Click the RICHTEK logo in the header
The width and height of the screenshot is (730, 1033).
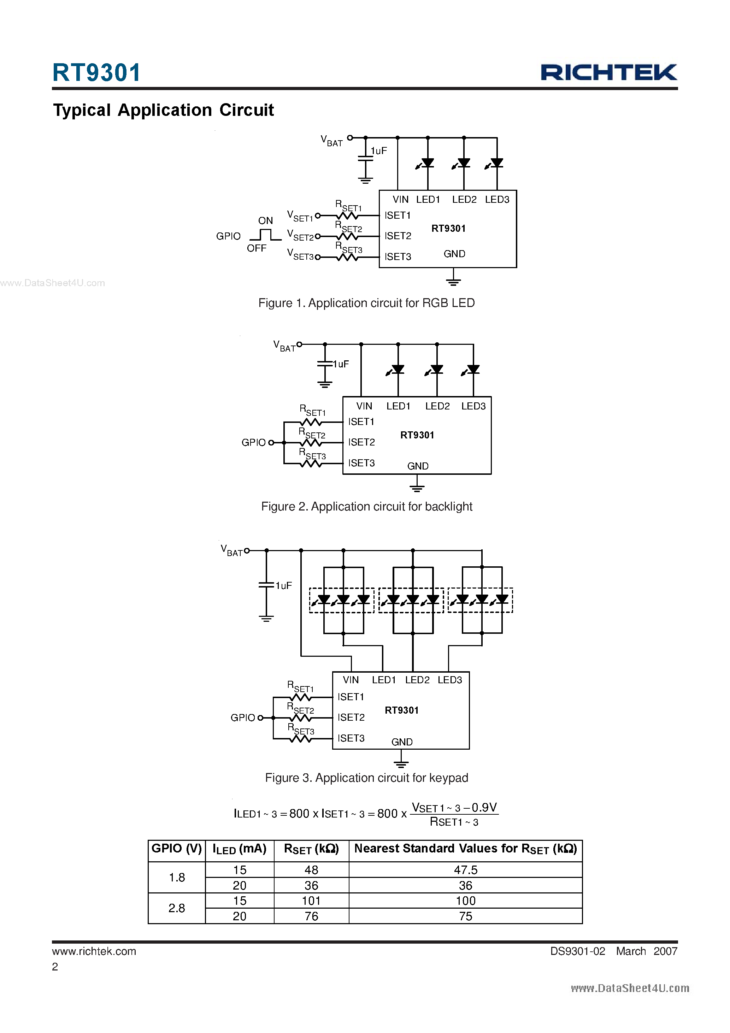608,72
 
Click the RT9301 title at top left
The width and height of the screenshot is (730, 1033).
96,72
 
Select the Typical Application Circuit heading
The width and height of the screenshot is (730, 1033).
163,110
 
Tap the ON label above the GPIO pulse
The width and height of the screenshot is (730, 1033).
266,220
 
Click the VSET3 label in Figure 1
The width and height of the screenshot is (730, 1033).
300,255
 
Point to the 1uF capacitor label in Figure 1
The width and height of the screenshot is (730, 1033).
378,151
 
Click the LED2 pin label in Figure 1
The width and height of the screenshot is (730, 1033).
464,199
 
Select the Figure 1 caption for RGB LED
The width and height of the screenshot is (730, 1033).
366,303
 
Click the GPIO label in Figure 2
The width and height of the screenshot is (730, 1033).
253,443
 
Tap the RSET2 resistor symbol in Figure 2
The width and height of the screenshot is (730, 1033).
311,443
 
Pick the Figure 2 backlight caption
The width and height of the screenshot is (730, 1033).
366,507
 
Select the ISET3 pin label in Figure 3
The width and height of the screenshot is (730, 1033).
351,738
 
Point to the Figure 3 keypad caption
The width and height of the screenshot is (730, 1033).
366,778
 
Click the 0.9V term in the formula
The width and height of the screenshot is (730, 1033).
484,808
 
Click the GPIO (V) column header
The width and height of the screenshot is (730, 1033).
176,849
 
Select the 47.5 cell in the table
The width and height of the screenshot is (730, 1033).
465,870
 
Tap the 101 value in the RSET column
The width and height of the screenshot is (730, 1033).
311,901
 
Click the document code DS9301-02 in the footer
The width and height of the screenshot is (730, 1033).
577,951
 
